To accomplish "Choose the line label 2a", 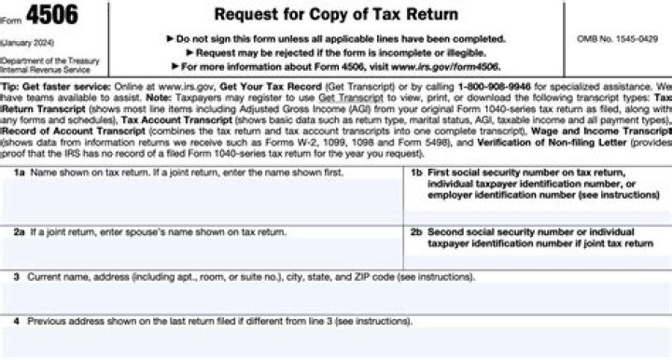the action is (x=19, y=228).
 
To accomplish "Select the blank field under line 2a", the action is (x=205, y=254).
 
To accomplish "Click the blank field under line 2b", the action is (x=536, y=259).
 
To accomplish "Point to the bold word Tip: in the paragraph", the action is (x=10, y=84).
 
